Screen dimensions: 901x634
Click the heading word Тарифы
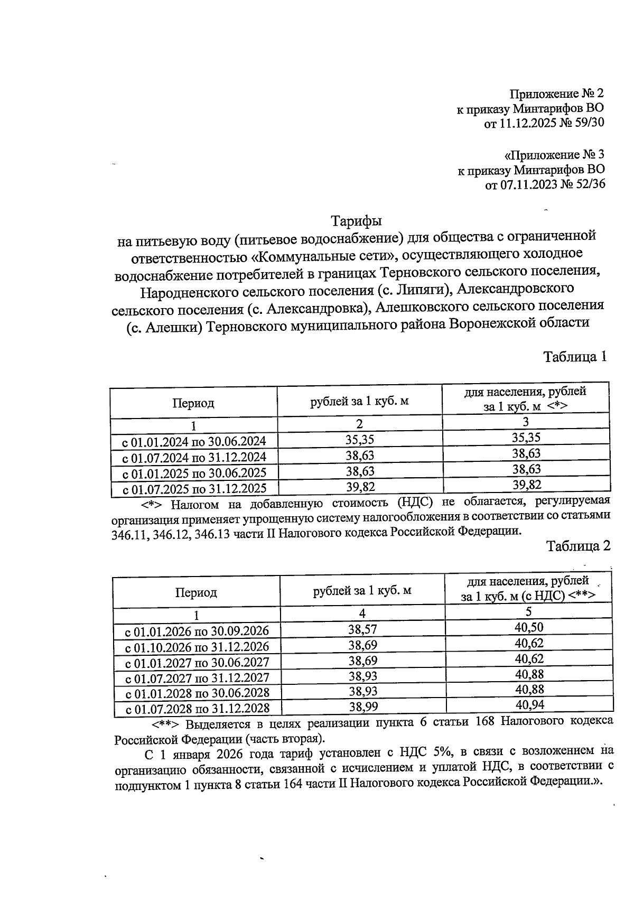356,220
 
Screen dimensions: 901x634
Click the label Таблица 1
575,357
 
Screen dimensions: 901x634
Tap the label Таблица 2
578,546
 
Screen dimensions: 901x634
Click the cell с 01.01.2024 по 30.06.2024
194,441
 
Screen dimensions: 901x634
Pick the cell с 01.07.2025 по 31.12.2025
194,488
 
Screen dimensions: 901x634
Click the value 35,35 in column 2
360,440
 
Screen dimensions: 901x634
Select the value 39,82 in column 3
527,485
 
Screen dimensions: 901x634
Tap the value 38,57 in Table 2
362,629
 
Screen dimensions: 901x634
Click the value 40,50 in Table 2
529,627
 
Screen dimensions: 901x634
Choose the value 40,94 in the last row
529,704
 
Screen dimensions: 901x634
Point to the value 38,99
362,706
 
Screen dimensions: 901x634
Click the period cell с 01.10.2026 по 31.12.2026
197,647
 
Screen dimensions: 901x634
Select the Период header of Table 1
193,404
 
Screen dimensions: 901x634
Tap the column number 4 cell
362,613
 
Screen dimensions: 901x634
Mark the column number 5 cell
528,612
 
